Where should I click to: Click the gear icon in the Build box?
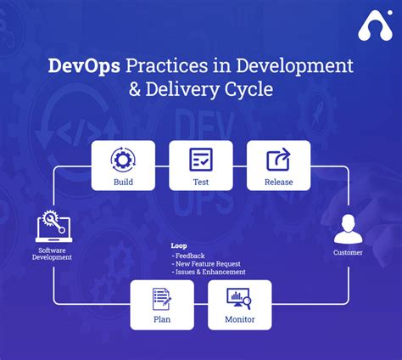pyautogui.click(x=123, y=160)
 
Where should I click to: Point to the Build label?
pyautogui.click(x=123, y=181)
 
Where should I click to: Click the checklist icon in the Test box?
pyautogui.click(x=201, y=160)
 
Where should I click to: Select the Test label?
pyautogui.click(x=201, y=181)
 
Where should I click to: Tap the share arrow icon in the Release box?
pyautogui.click(x=278, y=160)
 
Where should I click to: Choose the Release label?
pyautogui.click(x=278, y=181)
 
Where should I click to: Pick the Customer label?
pyautogui.click(x=348, y=252)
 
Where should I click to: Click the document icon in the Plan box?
pyautogui.click(x=162, y=299)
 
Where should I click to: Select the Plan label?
pyautogui.click(x=162, y=320)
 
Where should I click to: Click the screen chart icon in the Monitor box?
pyautogui.click(x=239, y=299)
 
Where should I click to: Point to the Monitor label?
pyautogui.click(x=239, y=320)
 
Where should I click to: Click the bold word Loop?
pyautogui.click(x=179, y=246)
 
